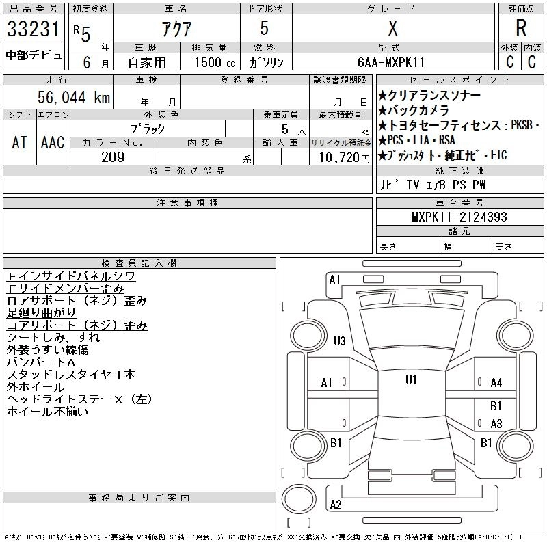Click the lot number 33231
click(x=34, y=29)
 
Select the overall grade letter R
click(x=521, y=28)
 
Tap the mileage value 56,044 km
click(x=74, y=97)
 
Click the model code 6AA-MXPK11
click(x=391, y=62)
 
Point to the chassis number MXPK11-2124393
click(x=459, y=217)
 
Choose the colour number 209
click(x=113, y=157)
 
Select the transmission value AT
click(x=20, y=142)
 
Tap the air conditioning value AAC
click(x=53, y=142)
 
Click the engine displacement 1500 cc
click(x=215, y=62)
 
